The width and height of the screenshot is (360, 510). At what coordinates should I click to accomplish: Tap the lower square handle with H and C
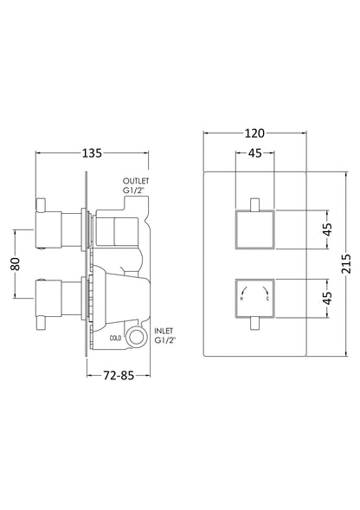point(254,299)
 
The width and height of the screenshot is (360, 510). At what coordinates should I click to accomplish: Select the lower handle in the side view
point(56,283)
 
